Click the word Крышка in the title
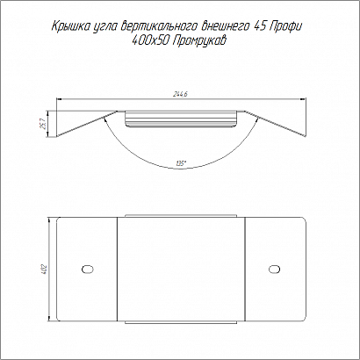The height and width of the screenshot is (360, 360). click(x=68, y=26)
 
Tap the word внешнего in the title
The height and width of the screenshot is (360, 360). click(x=225, y=27)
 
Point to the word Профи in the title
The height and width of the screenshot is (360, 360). click(x=285, y=26)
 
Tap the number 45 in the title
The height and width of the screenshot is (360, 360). click(x=258, y=26)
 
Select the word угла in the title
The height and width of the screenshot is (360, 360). click(x=103, y=27)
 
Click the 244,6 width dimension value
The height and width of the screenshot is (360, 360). click(x=181, y=94)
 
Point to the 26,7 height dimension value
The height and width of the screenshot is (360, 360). click(x=43, y=124)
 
